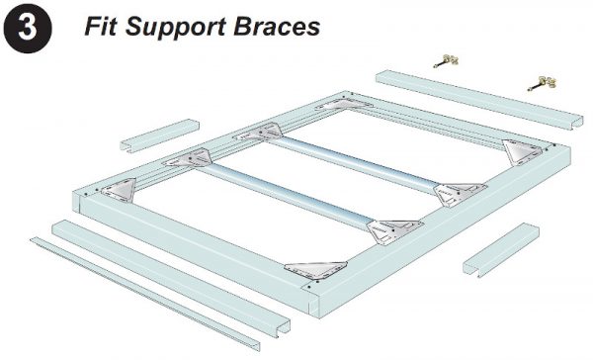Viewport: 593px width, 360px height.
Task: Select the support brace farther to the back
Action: [356, 158]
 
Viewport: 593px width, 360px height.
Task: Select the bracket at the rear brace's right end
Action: [452, 190]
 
